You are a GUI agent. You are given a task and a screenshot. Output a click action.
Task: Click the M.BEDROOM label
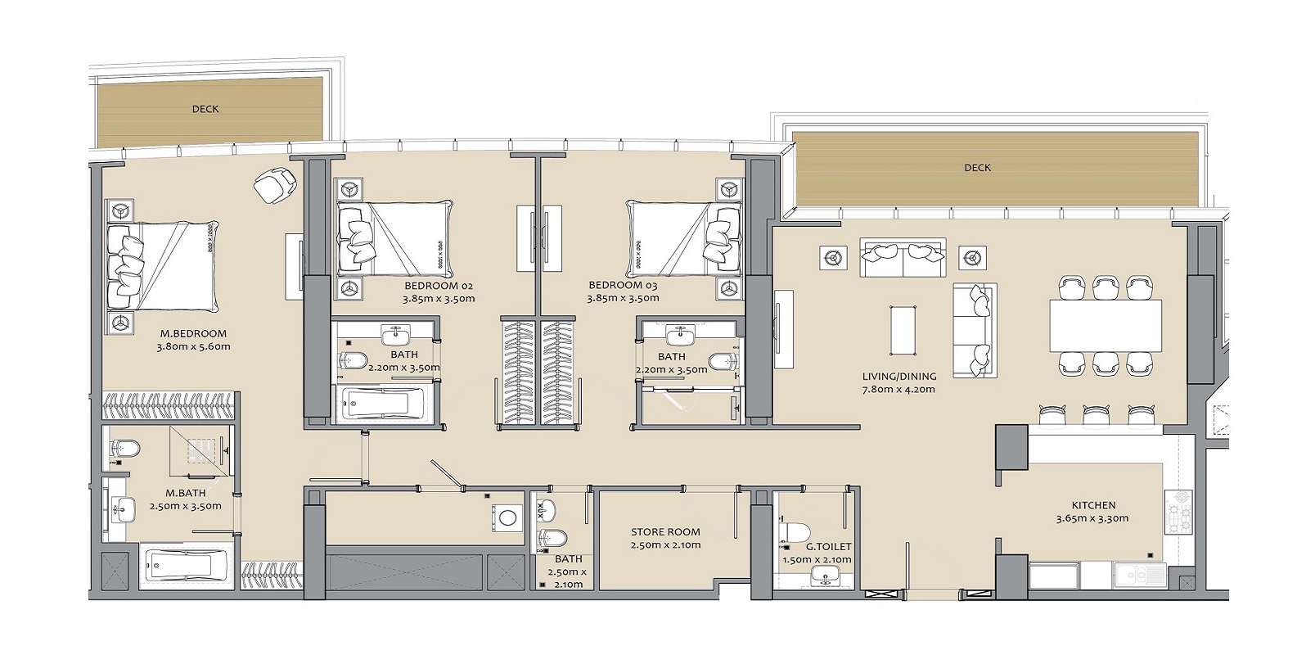click(193, 333)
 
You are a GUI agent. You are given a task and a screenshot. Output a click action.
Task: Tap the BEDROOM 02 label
click(439, 286)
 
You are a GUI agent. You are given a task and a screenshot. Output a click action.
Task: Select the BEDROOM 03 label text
click(623, 286)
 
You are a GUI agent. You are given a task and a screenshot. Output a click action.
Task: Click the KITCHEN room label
click(1093, 505)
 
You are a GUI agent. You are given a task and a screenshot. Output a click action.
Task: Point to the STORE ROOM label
click(665, 531)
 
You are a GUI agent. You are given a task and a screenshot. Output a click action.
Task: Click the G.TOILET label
click(828, 546)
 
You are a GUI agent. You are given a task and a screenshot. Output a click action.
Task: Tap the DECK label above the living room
click(977, 168)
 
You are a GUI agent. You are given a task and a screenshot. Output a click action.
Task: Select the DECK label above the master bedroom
click(205, 109)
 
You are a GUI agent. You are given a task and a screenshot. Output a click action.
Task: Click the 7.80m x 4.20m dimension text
click(898, 390)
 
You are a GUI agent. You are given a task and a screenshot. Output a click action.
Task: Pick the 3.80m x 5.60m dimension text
click(193, 346)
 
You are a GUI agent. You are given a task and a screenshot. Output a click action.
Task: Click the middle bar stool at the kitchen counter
click(1095, 415)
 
